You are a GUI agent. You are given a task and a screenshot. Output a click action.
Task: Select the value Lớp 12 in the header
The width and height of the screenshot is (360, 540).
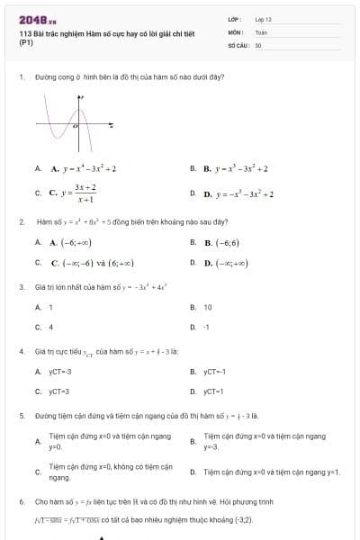[x=263, y=18]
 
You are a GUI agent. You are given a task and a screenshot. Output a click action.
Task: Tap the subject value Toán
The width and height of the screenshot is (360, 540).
[x=261, y=31]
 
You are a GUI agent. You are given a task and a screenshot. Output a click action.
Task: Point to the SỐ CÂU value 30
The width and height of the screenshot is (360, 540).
[x=258, y=44]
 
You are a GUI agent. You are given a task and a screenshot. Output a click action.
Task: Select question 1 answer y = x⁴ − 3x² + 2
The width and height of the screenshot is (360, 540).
[x=84, y=168]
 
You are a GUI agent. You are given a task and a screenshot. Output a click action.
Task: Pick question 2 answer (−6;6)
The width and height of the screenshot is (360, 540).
[x=224, y=242]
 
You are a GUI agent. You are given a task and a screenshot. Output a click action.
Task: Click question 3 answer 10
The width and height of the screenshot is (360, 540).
[x=208, y=307]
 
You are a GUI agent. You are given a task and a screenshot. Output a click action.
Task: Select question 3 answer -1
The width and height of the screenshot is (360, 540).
[x=206, y=327]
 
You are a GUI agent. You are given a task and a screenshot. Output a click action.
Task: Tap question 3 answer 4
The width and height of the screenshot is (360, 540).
[x=50, y=327]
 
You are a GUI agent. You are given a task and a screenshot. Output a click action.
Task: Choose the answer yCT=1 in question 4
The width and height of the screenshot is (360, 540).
[x=213, y=391]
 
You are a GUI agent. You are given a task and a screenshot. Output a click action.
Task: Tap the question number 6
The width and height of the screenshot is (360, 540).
[x=21, y=500]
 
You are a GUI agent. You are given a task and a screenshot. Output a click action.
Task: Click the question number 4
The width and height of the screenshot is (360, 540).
[x=21, y=351]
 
